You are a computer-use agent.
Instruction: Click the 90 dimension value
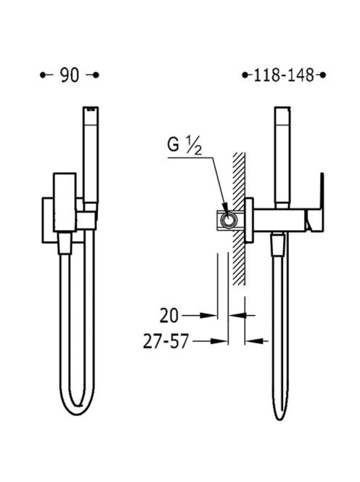(x=70, y=75)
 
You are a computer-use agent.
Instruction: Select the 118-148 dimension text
(x=284, y=75)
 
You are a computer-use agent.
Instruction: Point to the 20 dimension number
(x=169, y=315)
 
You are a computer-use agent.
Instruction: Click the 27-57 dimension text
(x=165, y=341)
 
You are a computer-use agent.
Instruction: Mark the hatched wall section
(x=239, y=218)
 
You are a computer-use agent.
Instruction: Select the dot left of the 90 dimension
(x=43, y=75)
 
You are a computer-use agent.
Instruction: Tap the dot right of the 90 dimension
(x=96, y=75)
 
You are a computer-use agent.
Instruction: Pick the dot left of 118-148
(x=245, y=75)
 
